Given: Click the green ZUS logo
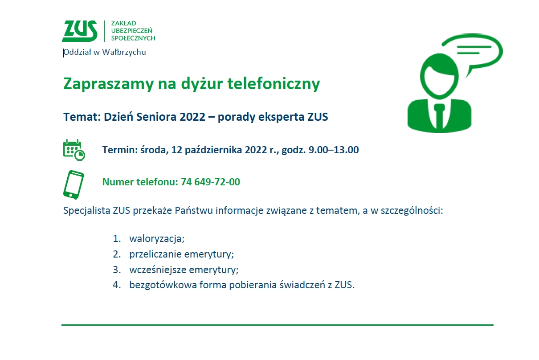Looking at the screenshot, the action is point(80,31).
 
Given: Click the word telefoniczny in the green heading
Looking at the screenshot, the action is point(274,84).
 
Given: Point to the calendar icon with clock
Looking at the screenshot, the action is point(74,150).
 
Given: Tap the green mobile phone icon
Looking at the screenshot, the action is point(73,184).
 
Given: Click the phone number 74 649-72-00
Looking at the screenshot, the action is point(210,182).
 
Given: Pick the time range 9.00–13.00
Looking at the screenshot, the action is point(334,150).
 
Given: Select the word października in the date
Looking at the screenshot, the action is point(213,150).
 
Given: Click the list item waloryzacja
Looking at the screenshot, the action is point(157,239).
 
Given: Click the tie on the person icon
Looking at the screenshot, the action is point(439,116).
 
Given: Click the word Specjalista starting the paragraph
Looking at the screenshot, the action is point(86,211).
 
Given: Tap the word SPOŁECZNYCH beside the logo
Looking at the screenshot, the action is point(133,38).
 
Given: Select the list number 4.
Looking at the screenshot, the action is point(116,285).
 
